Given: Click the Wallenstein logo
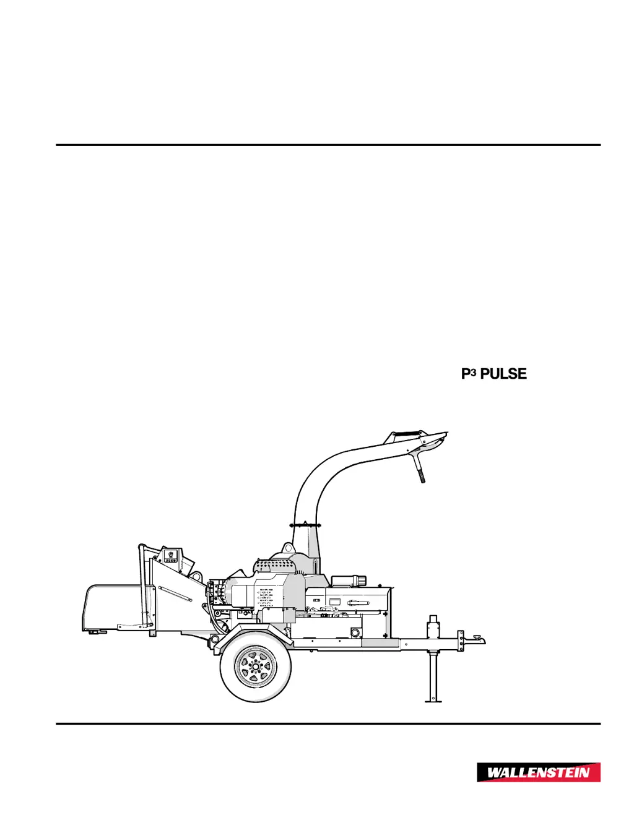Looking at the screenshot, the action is point(538,772).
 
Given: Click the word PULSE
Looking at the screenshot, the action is point(503,374).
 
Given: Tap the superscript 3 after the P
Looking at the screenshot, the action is point(474,372).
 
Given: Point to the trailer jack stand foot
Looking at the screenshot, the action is point(433,701).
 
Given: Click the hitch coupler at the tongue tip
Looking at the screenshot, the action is point(478,638).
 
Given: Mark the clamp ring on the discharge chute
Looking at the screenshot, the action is point(306,525).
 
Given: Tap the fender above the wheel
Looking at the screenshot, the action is point(248,632).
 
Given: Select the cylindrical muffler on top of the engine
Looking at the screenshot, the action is point(349,580).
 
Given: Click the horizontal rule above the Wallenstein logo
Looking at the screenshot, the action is point(328,723).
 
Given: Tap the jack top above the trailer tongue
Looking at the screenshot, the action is point(433,621).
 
